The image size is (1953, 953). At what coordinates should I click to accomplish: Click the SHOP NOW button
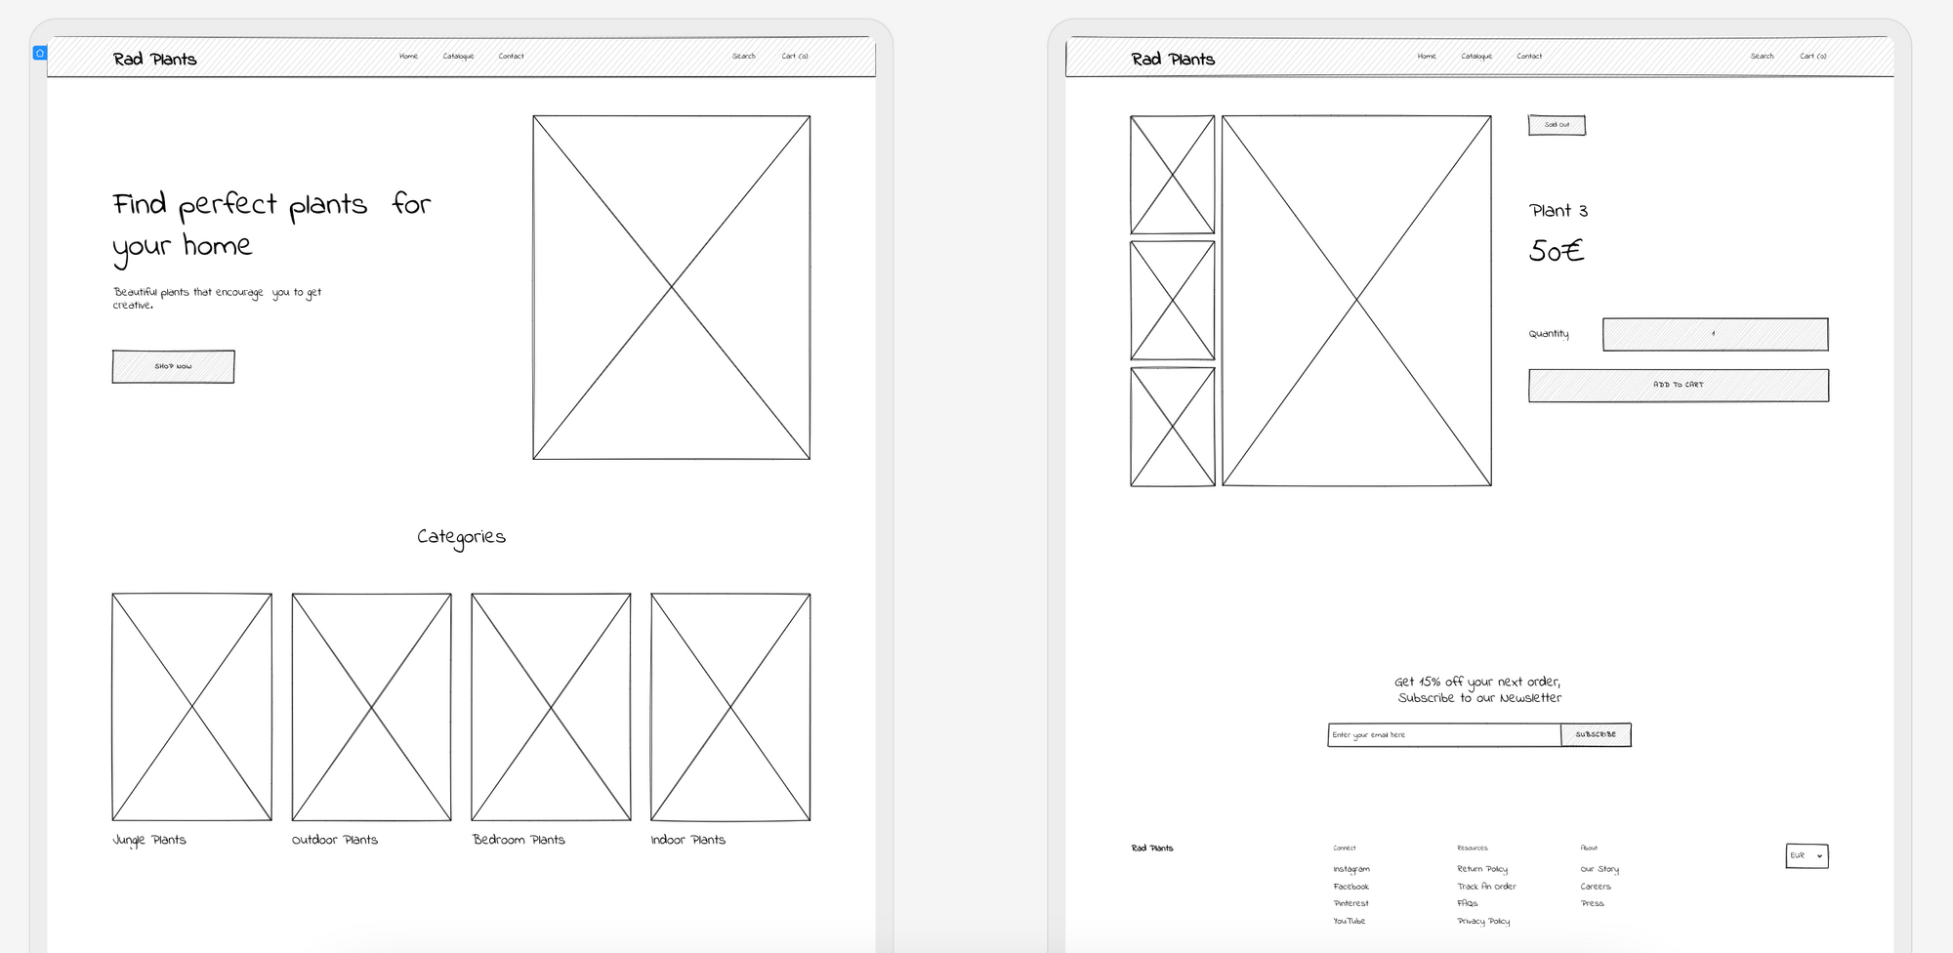(x=173, y=366)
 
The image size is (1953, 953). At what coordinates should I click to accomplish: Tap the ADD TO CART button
(x=1678, y=385)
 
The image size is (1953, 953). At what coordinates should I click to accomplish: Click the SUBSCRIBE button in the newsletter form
(x=1596, y=734)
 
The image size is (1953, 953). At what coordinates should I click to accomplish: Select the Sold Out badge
(x=1557, y=125)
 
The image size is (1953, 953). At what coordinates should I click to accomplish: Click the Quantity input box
(x=1715, y=334)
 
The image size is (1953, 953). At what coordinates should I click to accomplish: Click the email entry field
(x=1443, y=734)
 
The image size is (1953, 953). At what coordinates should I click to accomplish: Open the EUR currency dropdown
(x=1807, y=855)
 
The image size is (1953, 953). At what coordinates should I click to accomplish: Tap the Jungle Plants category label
(x=149, y=840)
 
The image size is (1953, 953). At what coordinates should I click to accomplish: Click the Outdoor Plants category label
(x=335, y=840)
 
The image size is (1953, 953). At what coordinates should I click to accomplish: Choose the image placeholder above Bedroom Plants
(x=551, y=706)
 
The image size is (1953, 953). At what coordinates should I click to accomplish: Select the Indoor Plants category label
(x=688, y=840)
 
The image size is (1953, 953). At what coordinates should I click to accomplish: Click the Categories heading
(x=461, y=537)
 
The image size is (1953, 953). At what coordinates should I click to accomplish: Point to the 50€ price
(x=1556, y=251)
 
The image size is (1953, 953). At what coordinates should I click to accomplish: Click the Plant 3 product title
(x=1558, y=210)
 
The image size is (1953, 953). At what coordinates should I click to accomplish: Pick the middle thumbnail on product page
(x=1172, y=301)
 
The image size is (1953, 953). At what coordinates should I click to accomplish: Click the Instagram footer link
(x=1351, y=869)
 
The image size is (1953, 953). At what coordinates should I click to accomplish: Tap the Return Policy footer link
(x=1482, y=869)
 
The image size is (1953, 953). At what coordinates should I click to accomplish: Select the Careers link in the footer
(x=1596, y=887)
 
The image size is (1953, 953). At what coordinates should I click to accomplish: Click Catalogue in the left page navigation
(x=458, y=56)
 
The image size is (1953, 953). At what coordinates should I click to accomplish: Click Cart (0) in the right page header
(x=1812, y=56)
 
